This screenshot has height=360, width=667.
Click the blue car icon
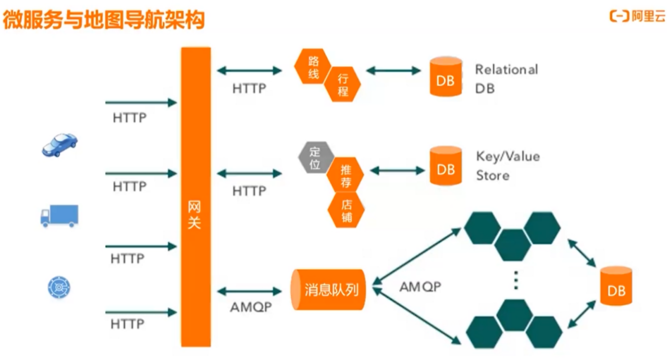[x=59, y=145]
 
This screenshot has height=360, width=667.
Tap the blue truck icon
[x=59, y=216]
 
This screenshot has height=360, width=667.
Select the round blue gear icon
[x=59, y=287]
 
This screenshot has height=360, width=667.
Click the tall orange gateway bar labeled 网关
[x=196, y=197]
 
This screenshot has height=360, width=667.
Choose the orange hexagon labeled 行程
[x=342, y=84]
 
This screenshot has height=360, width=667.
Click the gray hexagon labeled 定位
[x=316, y=157]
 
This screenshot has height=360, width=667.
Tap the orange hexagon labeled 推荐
[x=345, y=175]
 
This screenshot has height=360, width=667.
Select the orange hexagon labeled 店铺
[x=346, y=210]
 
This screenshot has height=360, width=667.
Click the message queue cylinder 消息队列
[x=328, y=290]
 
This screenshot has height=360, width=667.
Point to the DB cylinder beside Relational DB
[x=446, y=77]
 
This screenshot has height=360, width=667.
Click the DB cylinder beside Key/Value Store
[x=446, y=166]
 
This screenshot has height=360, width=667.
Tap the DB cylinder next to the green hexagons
[x=616, y=286]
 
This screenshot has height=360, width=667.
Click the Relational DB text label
[x=507, y=79]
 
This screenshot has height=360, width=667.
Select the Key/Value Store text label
[x=508, y=166]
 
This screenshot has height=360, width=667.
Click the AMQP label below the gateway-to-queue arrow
[x=251, y=307]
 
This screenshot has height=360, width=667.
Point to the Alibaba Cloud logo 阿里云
[x=637, y=16]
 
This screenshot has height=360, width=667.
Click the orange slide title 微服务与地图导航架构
[x=104, y=20]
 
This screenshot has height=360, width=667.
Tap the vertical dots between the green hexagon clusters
[x=516, y=280]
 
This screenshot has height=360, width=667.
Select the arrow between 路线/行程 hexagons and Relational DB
[x=393, y=71]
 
